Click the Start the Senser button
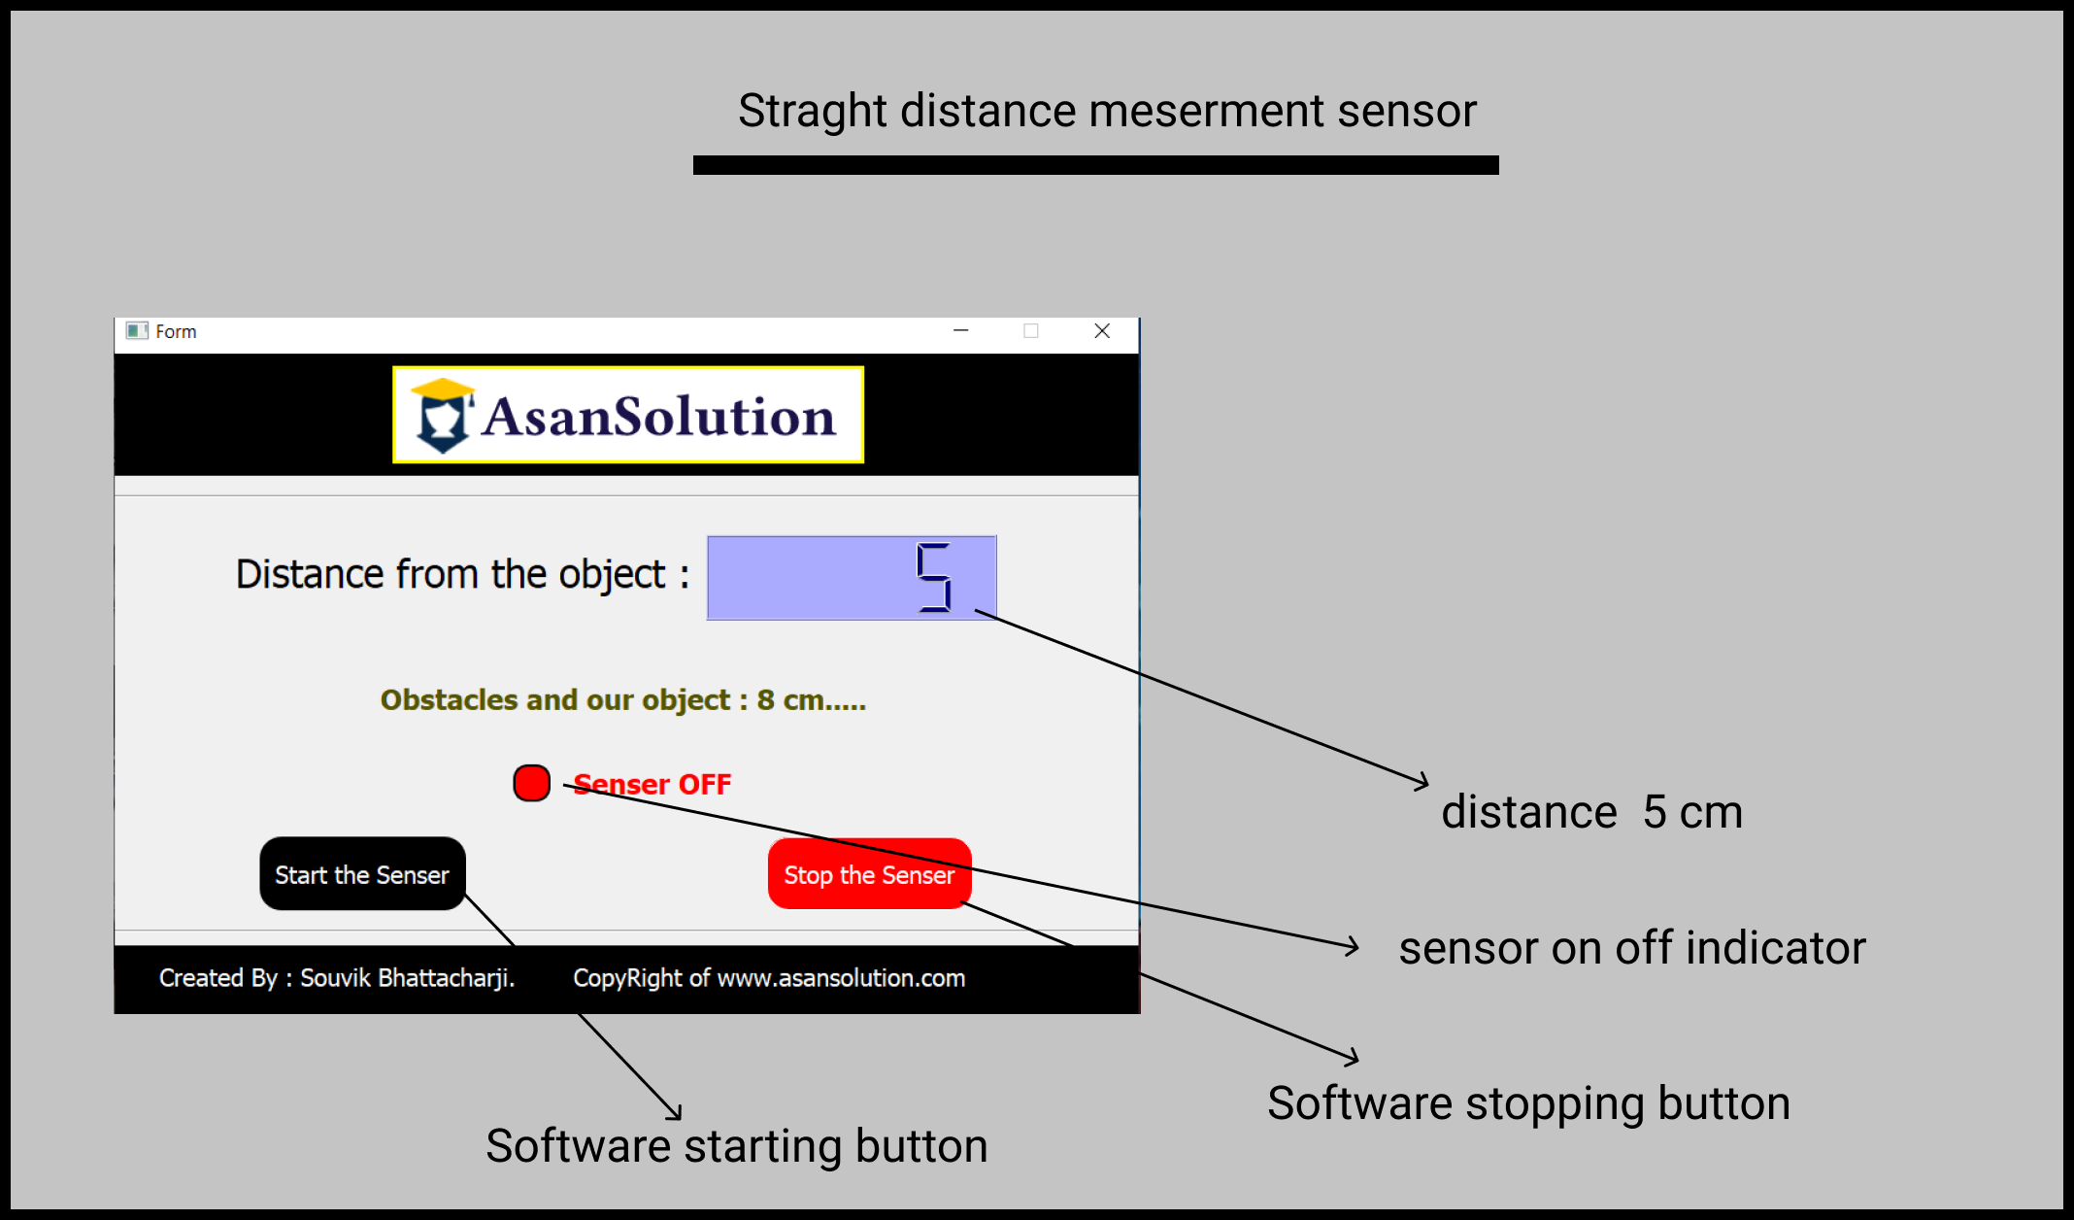(x=362, y=874)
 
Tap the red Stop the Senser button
(x=869, y=874)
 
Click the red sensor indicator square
(x=531, y=783)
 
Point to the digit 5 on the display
(x=934, y=578)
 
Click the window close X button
(x=1102, y=331)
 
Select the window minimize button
(x=961, y=331)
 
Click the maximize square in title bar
(x=1031, y=331)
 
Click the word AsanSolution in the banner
(x=658, y=418)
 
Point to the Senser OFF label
(x=652, y=784)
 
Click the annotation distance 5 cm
(x=1591, y=812)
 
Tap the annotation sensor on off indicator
(x=1631, y=948)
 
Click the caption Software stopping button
(x=1528, y=1103)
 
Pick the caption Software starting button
(x=736, y=1146)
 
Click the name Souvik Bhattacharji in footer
(x=407, y=978)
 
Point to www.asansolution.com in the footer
(x=841, y=978)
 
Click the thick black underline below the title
(x=1095, y=165)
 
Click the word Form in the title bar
(x=176, y=332)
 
